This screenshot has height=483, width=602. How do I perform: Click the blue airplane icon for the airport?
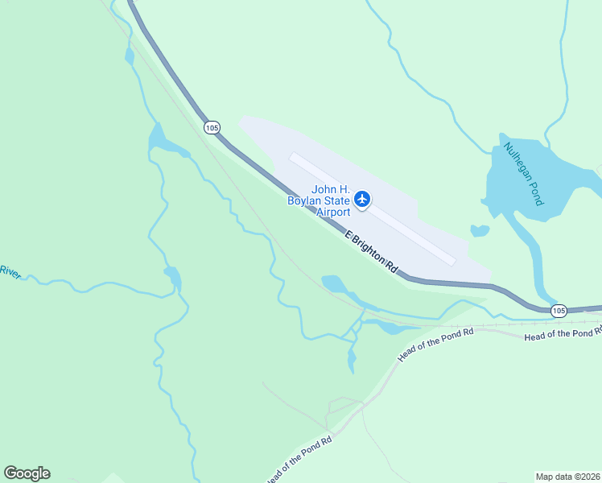point(362,199)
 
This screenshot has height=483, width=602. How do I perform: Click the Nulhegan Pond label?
point(524,174)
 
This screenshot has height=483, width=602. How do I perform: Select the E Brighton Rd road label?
point(372,252)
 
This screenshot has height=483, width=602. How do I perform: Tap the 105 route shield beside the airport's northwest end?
point(212,127)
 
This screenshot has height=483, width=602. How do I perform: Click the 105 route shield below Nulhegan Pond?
point(559,310)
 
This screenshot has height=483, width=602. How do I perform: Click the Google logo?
point(27,473)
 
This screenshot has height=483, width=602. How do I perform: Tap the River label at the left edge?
point(10,271)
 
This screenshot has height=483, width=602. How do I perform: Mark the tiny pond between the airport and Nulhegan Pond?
point(480,231)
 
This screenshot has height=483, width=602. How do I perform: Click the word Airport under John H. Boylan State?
point(332,212)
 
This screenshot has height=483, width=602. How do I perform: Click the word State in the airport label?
point(338,200)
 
